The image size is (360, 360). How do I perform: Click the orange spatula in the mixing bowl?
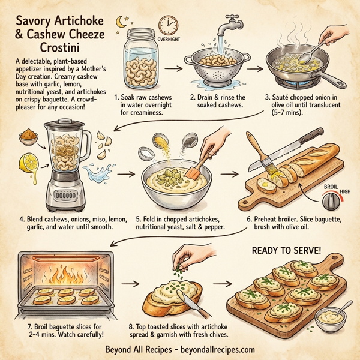(x=196, y=166)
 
